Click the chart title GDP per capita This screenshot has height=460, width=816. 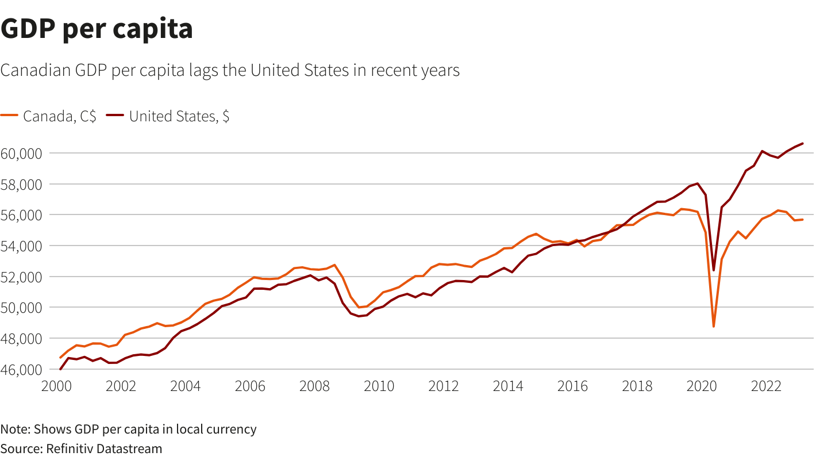coord(97,29)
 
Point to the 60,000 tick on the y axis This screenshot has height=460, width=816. coord(21,154)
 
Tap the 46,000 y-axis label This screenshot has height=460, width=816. coord(21,369)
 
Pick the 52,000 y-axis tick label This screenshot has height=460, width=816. coord(21,277)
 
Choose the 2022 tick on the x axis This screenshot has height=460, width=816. coord(766,385)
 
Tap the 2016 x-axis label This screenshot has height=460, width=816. coord(572,385)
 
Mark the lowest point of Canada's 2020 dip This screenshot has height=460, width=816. coord(714,327)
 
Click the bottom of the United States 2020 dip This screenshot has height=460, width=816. coord(714,270)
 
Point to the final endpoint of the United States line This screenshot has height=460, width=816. coord(803,143)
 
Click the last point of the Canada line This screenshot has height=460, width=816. coord(803,220)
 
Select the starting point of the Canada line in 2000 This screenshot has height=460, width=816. coord(60,358)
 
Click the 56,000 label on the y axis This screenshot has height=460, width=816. coord(21,215)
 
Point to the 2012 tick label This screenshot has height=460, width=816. coord(444,385)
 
